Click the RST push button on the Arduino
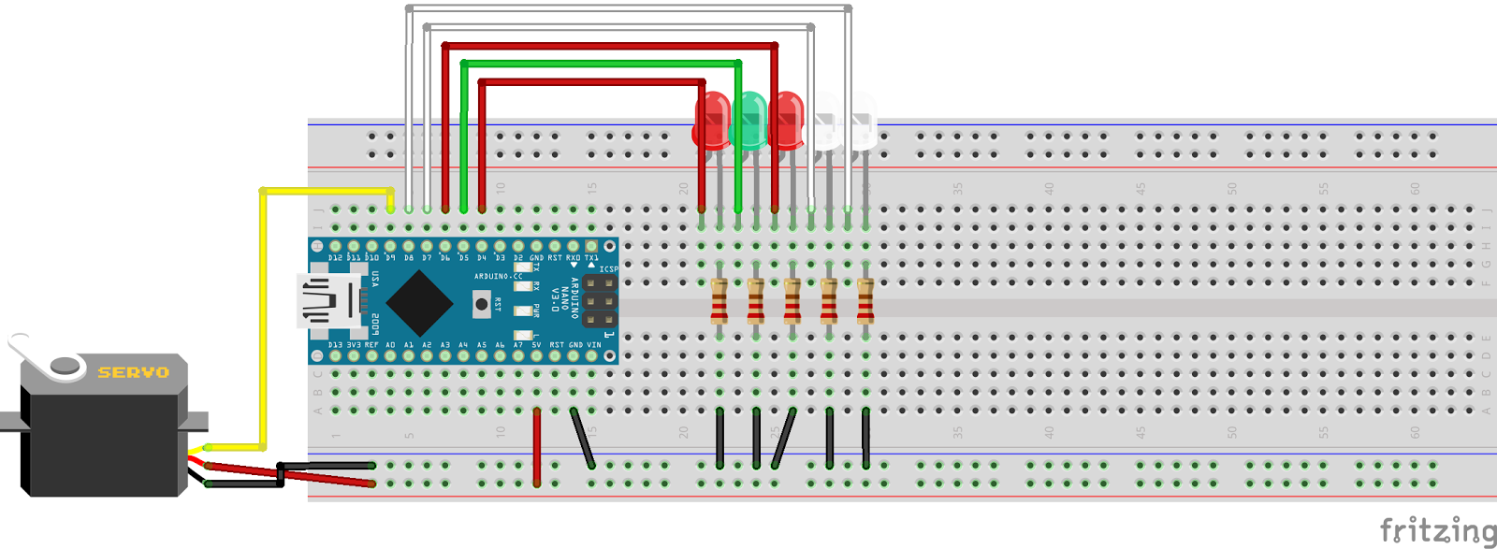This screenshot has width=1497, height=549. (481, 304)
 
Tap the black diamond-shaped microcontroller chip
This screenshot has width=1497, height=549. (419, 304)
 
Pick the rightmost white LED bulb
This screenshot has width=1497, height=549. (861, 120)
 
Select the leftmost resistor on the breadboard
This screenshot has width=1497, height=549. (719, 301)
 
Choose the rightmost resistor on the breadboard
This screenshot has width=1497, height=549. (865, 301)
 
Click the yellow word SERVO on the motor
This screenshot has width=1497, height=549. (134, 372)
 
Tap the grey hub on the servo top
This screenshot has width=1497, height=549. (65, 366)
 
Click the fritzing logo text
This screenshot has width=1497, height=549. (1437, 530)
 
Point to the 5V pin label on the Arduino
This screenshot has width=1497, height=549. (536, 345)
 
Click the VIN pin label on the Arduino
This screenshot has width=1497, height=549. (593, 345)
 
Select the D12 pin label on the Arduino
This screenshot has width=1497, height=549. (335, 257)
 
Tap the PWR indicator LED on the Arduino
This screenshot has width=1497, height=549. (523, 311)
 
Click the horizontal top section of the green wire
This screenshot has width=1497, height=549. (599, 64)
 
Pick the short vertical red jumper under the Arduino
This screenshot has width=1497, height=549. (536, 447)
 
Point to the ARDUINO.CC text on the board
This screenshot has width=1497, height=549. (498, 277)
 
